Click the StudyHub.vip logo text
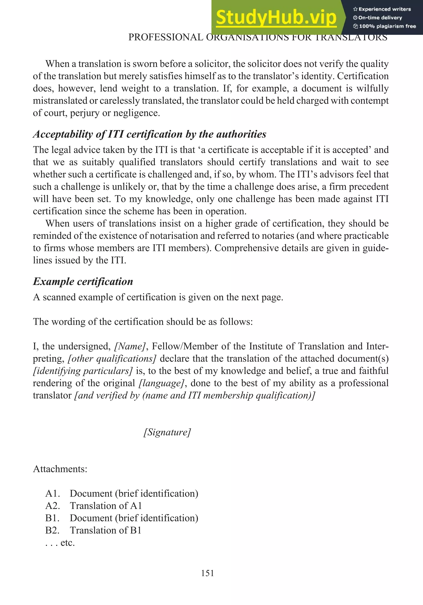coord(276,18)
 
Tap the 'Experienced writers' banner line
coord(382,9)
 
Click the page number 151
coord(207,573)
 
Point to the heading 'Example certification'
coord(83,281)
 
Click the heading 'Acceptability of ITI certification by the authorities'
coord(150,134)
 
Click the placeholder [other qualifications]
coord(112,359)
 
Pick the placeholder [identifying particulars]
coord(83,371)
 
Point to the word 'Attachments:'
coord(60,469)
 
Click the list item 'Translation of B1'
coord(106,530)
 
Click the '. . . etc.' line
coord(60,543)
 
